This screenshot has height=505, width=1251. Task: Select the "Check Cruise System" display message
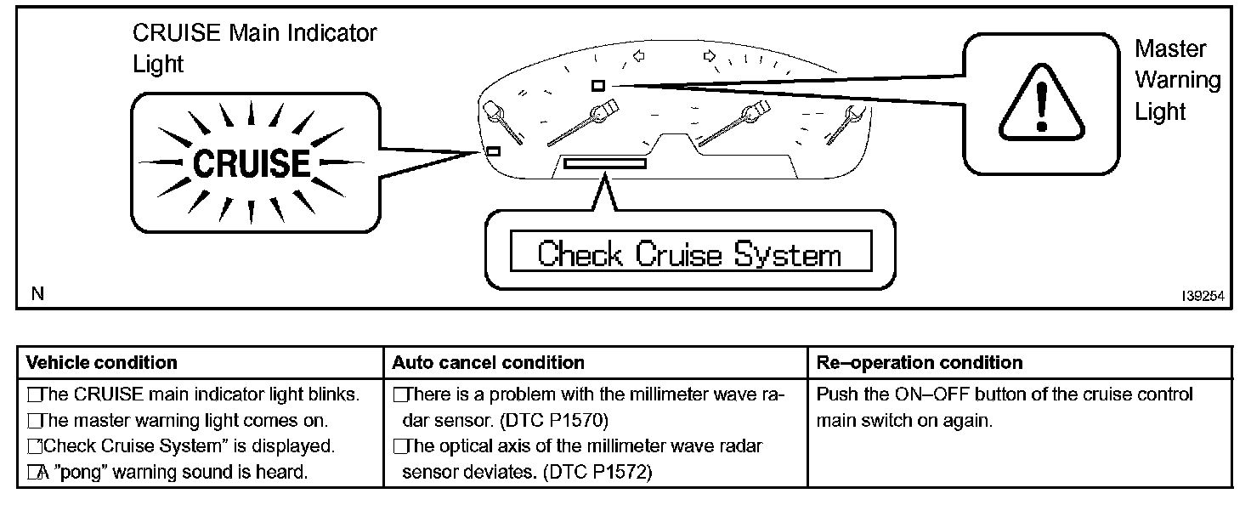point(689,254)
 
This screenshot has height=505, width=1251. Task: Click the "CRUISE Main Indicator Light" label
point(254,48)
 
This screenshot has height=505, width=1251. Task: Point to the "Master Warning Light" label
point(1177,80)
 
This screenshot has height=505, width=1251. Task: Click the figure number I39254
point(1202,296)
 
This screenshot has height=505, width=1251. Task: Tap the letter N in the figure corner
point(37,294)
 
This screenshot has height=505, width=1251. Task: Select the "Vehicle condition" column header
point(102,363)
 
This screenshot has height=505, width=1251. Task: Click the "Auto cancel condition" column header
point(488,363)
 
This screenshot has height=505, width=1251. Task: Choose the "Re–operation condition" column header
point(920,363)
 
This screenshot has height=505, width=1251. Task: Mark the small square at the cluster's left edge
point(492,151)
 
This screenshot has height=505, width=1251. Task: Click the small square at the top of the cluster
point(597,85)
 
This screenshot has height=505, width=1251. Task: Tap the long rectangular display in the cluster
point(604,162)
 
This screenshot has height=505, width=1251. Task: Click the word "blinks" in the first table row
point(335,395)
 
